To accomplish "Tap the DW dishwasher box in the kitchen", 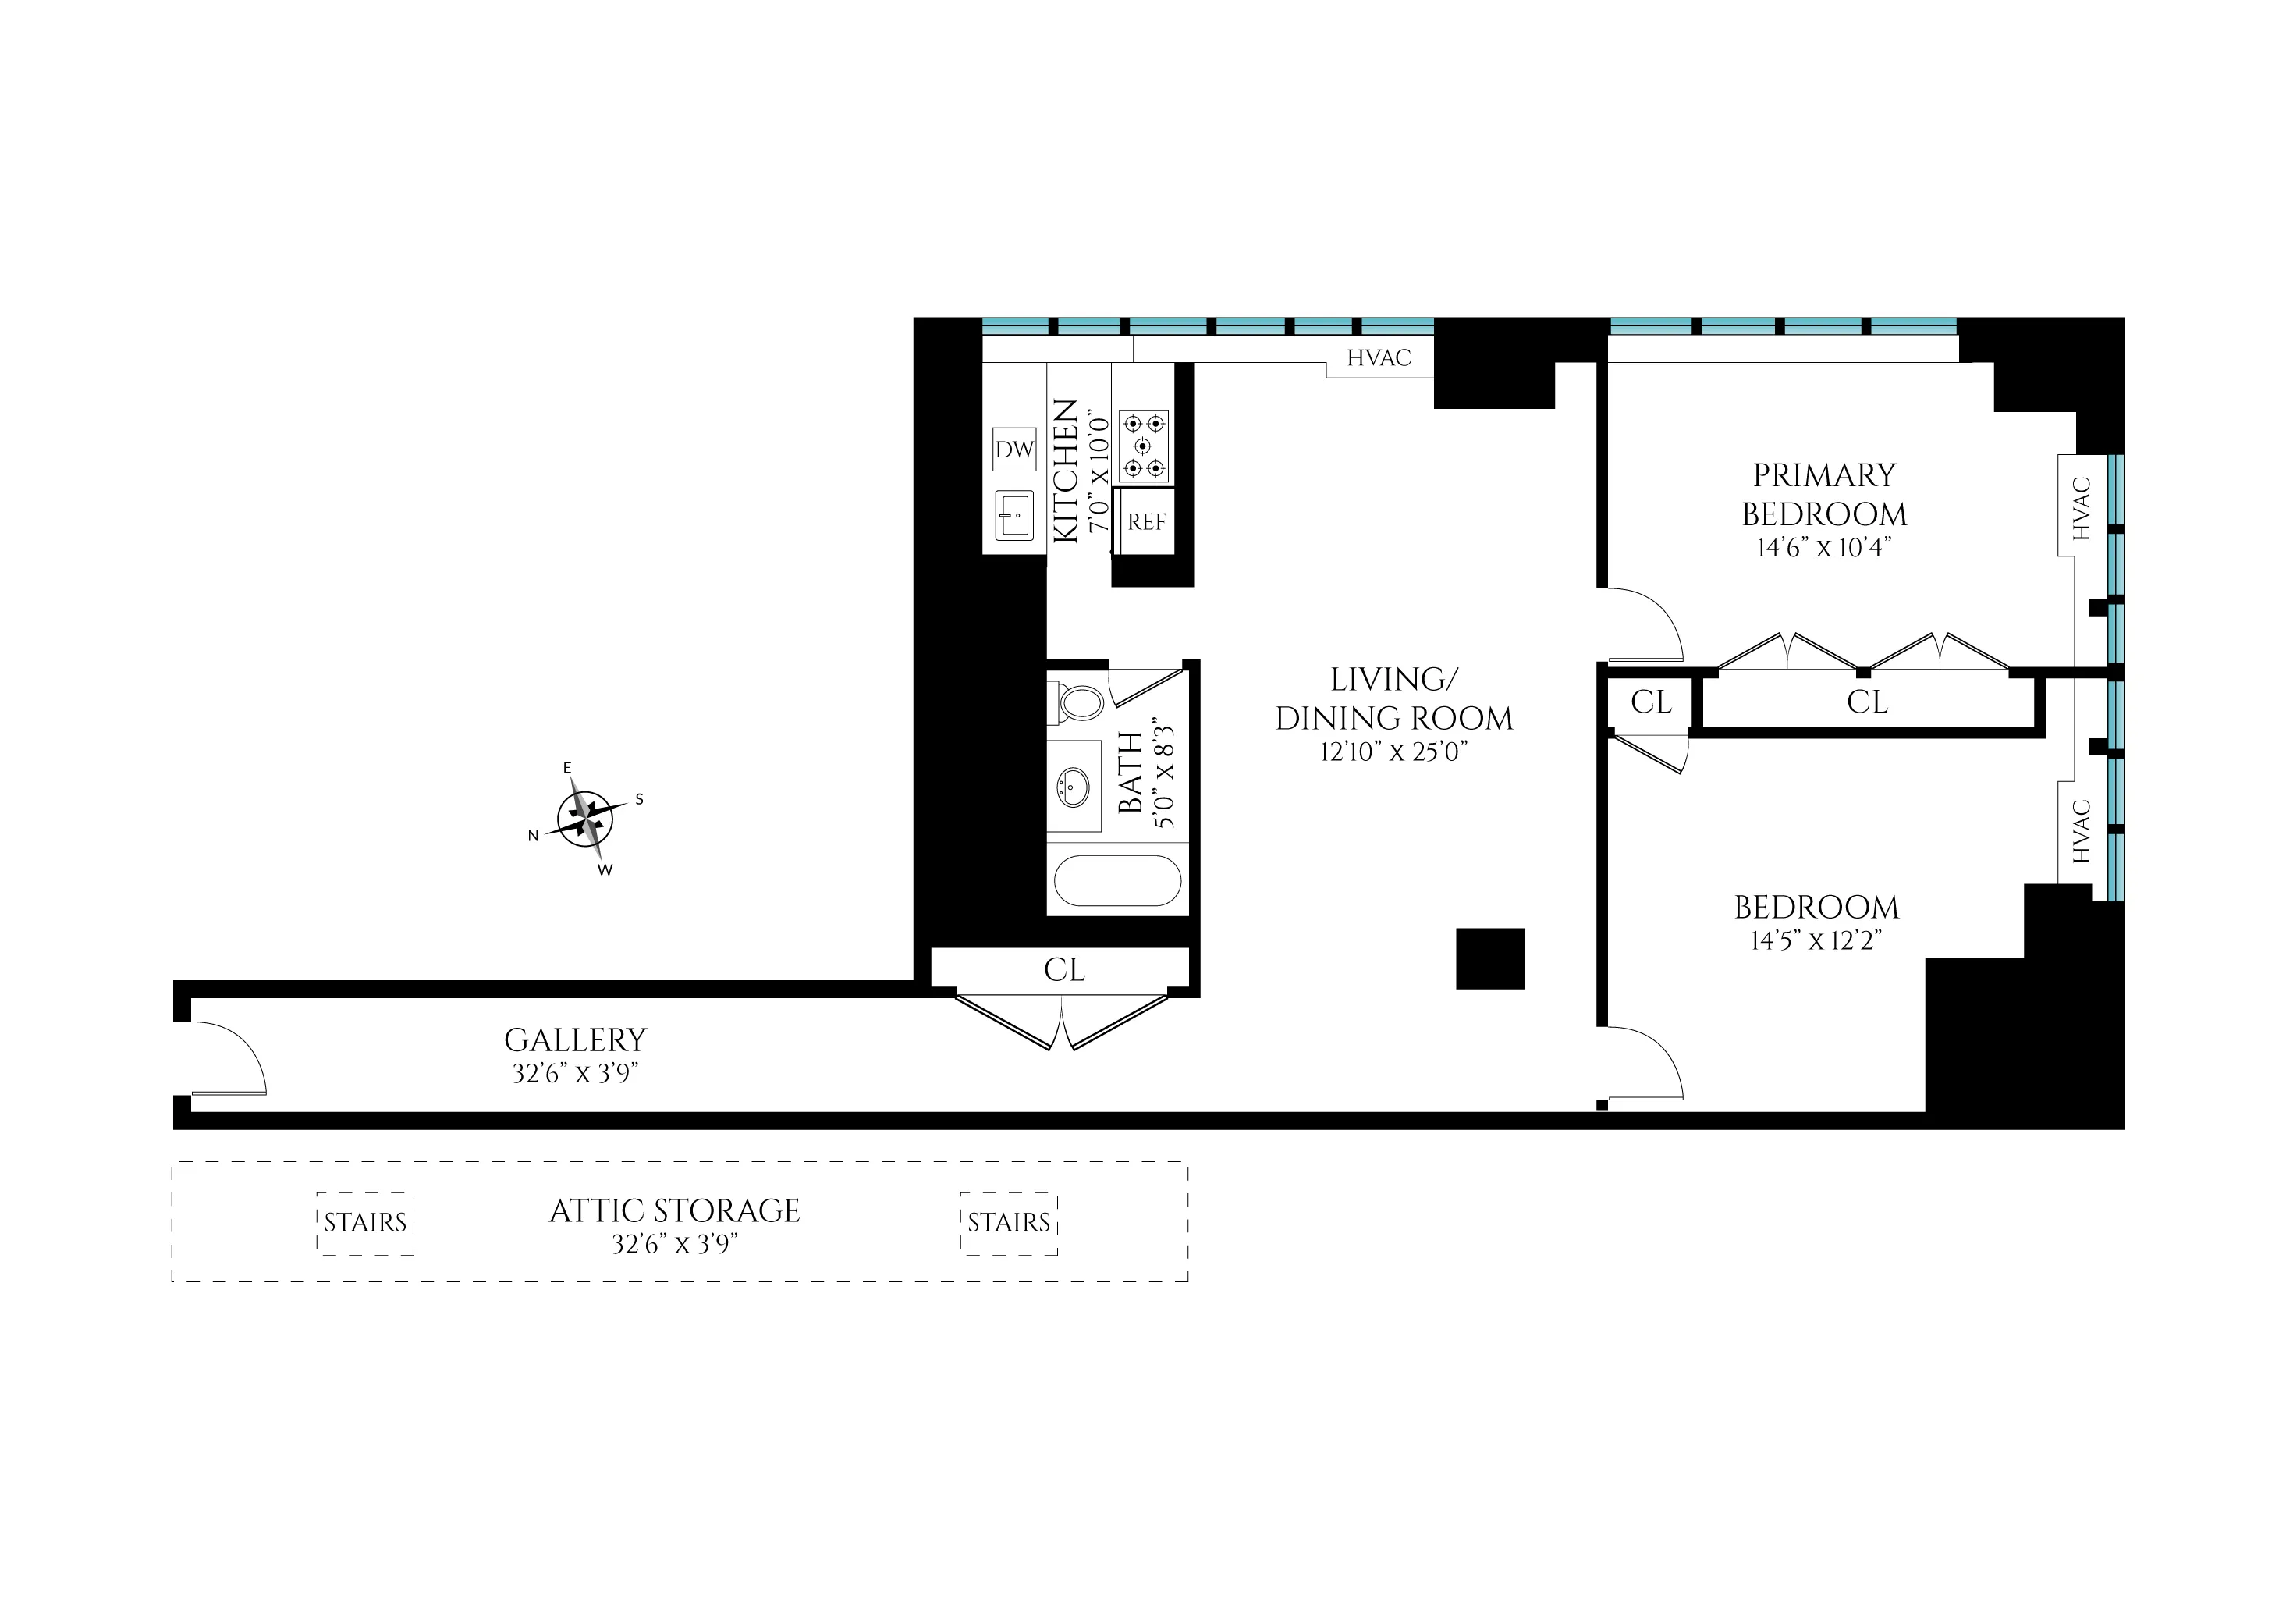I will coord(1014,449).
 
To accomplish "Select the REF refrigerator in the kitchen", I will coord(1145,522).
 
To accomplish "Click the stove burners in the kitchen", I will coord(1143,447).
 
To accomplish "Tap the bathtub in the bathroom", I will coord(1117,881).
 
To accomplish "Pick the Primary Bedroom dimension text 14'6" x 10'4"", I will coord(1823,548).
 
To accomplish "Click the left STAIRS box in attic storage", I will coord(365,1223).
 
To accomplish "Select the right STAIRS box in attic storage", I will coord(1009,1223).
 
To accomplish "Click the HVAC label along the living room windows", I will coord(1379,358).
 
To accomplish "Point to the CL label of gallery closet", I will coord(1063,970).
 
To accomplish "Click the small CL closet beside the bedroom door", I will coord(1650,703).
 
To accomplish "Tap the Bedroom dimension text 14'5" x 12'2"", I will coord(1816,940).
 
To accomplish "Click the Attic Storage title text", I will coord(674,1210).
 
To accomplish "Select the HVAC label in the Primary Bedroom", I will coord(2081,508).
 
